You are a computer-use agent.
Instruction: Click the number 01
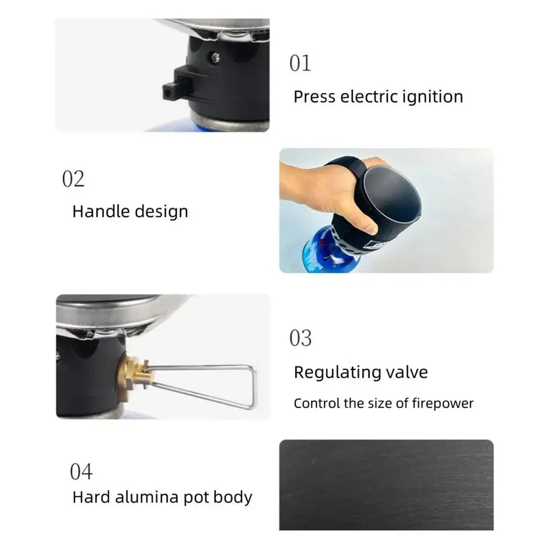click(x=300, y=63)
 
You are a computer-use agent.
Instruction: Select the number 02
click(x=73, y=179)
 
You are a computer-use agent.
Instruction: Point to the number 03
click(x=300, y=338)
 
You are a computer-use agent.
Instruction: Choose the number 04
click(x=81, y=472)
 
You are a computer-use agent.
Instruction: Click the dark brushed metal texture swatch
click(x=386, y=484)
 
